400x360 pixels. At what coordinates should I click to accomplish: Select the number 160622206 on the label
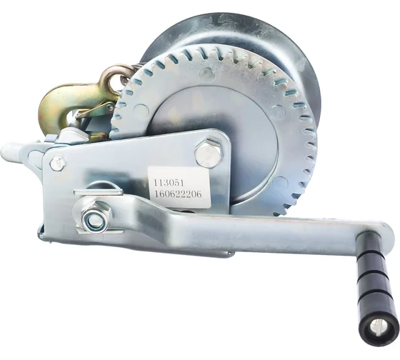[x=181, y=191]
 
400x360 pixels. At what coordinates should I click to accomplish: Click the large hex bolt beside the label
[x=208, y=154]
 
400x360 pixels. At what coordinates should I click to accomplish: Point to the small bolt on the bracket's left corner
[x=58, y=163]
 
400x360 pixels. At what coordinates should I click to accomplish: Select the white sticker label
[x=178, y=186]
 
